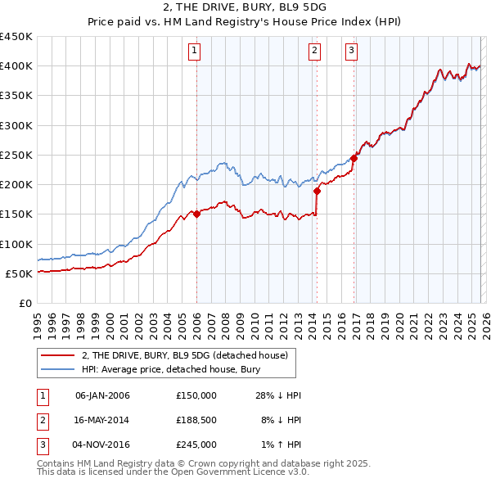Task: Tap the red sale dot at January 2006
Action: pyautogui.click(x=196, y=214)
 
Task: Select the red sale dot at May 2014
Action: pyautogui.click(x=317, y=191)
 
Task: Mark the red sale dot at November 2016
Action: pyautogui.click(x=354, y=158)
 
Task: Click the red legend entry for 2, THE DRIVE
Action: pyautogui.click(x=184, y=356)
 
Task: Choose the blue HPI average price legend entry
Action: pyautogui.click(x=170, y=370)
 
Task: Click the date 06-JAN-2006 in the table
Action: pyautogui.click(x=101, y=395)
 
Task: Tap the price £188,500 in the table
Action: pyautogui.click(x=196, y=420)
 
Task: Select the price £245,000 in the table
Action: pyautogui.click(x=196, y=445)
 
